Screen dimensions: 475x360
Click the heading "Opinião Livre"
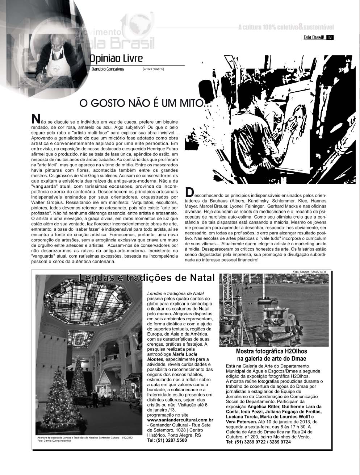tap(116, 58)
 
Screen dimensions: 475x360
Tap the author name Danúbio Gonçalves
tap(108, 69)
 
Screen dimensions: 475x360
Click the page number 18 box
tap(330, 37)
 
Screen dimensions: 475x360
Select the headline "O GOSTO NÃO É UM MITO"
tap(141, 104)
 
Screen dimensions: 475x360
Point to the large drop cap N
tap(36, 119)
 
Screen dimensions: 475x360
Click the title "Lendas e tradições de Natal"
tap(147, 278)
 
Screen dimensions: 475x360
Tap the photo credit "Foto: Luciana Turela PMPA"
tap(310, 272)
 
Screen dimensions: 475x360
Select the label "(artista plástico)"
tap(153, 69)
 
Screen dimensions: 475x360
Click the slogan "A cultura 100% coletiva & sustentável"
tap(286, 27)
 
